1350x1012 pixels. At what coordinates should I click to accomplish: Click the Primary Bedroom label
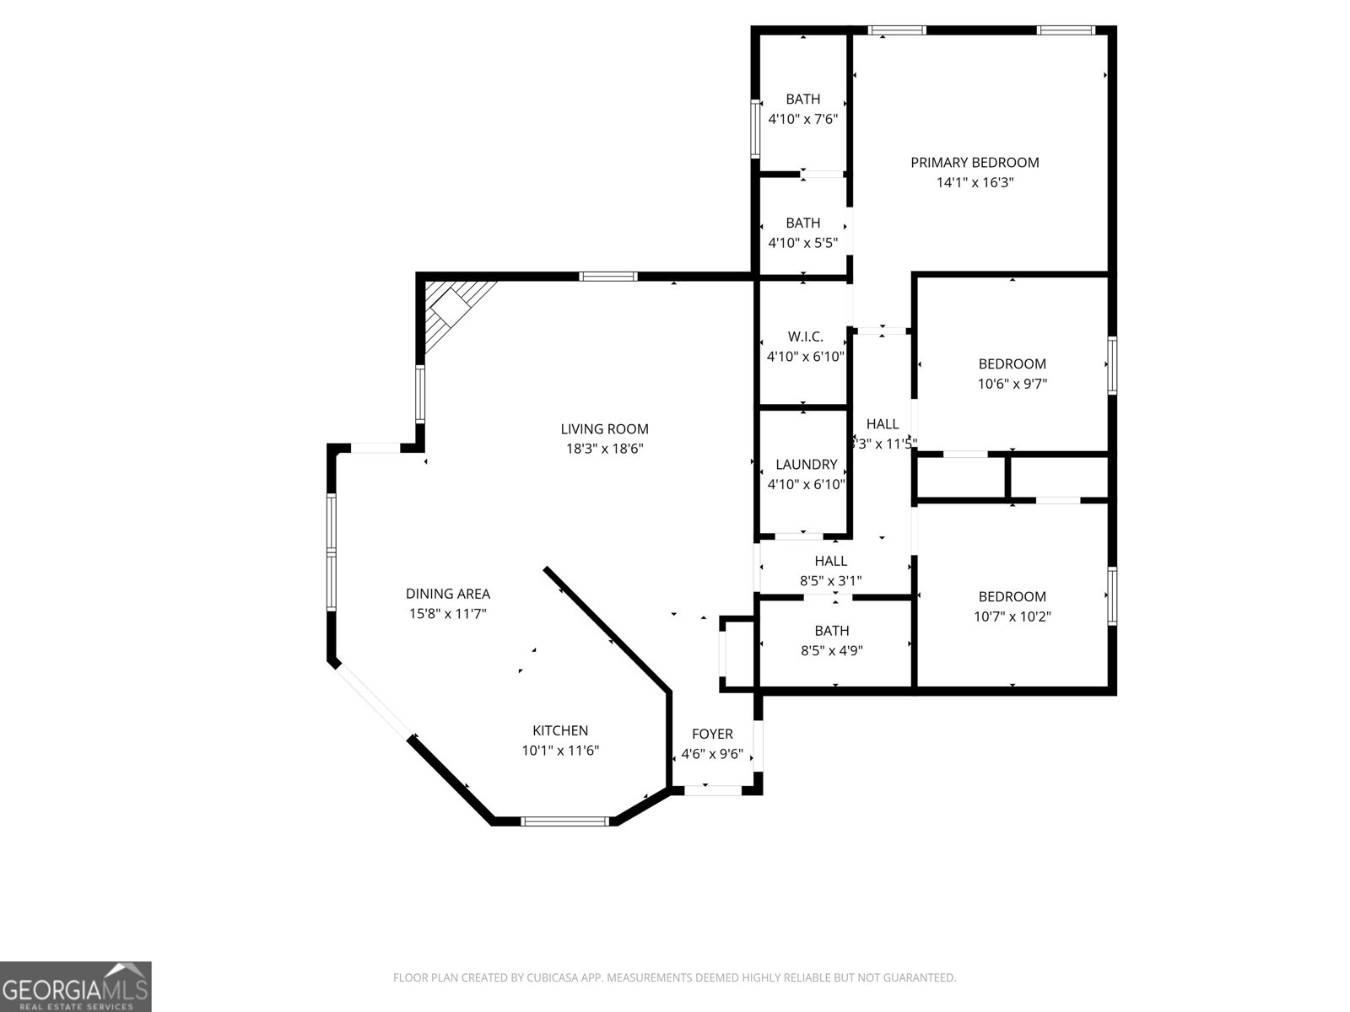tap(975, 162)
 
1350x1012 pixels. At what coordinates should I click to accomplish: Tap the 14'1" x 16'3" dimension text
tap(975, 182)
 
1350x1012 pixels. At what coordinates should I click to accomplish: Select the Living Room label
tap(604, 428)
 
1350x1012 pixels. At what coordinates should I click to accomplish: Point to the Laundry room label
tap(806, 464)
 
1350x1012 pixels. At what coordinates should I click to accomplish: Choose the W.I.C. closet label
tap(805, 336)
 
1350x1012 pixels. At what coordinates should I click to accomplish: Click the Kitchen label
tap(560, 730)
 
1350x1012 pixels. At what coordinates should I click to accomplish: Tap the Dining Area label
tap(447, 594)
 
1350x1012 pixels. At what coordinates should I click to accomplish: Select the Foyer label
tap(712, 734)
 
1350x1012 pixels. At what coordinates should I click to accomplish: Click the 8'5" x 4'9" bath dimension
tap(831, 650)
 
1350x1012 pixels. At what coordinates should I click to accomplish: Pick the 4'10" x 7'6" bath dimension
tap(802, 119)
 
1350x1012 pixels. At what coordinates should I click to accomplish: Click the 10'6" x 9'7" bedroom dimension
tap(1012, 384)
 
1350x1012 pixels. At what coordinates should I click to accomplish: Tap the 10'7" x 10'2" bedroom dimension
tap(1012, 616)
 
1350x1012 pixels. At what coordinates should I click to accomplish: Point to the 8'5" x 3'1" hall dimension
tap(830, 580)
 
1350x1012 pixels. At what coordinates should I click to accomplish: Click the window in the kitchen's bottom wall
tap(564, 821)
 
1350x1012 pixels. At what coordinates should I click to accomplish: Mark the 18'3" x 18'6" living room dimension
tap(604, 449)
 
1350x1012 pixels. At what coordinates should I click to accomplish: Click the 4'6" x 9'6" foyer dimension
tap(712, 754)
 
